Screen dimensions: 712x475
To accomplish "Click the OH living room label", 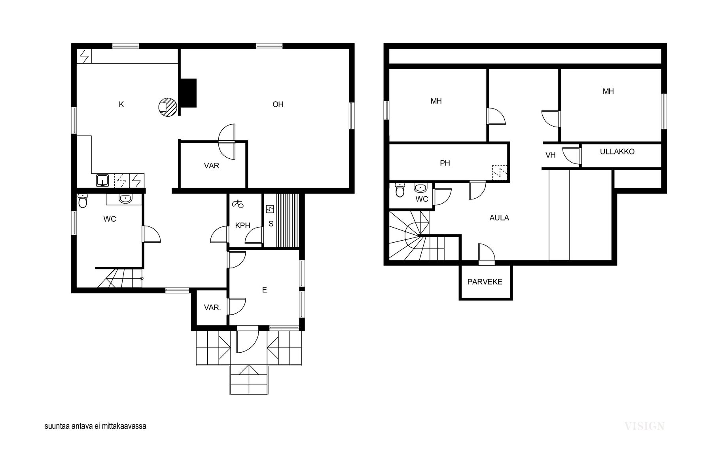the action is coord(278,104).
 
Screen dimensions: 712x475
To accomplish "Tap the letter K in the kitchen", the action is coord(121,104).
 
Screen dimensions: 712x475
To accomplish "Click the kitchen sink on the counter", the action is coord(103,180).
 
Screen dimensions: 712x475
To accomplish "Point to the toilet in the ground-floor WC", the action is coord(83,201).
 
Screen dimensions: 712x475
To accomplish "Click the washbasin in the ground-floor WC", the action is coord(125,199).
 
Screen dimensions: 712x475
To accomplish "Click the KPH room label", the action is coord(242,226).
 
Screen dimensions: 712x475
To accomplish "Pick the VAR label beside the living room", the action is coord(212,166).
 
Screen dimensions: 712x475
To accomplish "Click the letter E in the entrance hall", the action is coord(264,290).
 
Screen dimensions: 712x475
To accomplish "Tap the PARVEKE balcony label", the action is coord(485,282).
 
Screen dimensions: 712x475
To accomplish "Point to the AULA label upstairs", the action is coord(499,218).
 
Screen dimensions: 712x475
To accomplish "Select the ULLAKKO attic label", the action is coord(617,152).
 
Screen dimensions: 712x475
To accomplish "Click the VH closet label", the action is coord(551,156).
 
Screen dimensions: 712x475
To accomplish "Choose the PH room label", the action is coord(445,163).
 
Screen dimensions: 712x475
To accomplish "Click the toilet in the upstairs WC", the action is coord(400,190).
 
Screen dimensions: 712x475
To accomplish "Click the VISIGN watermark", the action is coord(644,426).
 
